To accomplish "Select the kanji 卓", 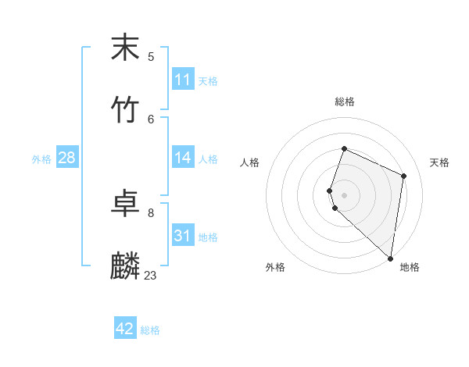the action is [x=125, y=204].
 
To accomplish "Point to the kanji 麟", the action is [x=125, y=266].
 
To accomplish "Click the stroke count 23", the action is [x=150, y=275].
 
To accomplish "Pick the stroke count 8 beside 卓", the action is [x=151, y=212].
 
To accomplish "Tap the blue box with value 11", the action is [x=183, y=80].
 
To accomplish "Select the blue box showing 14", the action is [x=183, y=158].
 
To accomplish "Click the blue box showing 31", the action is [x=183, y=236].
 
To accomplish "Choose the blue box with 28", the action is [x=67, y=158].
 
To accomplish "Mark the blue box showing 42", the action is [x=125, y=329].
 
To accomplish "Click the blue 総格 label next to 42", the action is [x=150, y=330].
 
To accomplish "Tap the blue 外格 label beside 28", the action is [x=41, y=159].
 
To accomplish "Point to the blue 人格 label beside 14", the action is [x=208, y=159].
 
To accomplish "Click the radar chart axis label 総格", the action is [x=344, y=102].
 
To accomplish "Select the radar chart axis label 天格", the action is [x=439, y=162].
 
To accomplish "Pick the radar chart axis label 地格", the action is [x=410, y=267].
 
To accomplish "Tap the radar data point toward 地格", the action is [x=390, y=258].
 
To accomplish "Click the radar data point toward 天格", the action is [x=404, y=176].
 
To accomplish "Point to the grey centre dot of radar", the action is [x=344, y=194].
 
